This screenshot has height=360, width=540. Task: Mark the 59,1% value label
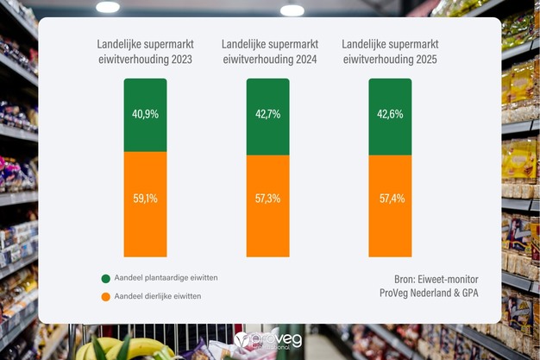tap(145, 199)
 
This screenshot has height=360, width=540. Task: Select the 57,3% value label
tap(267, 199)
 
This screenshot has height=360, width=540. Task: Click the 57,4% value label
tap(390, 199)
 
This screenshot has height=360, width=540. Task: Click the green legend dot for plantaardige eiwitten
tap(105, 279)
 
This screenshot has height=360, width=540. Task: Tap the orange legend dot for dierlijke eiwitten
tap(105, 297)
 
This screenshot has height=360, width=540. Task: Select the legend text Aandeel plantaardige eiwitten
tap(165, 279)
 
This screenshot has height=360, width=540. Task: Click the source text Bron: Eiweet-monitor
tap(429, 279)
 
